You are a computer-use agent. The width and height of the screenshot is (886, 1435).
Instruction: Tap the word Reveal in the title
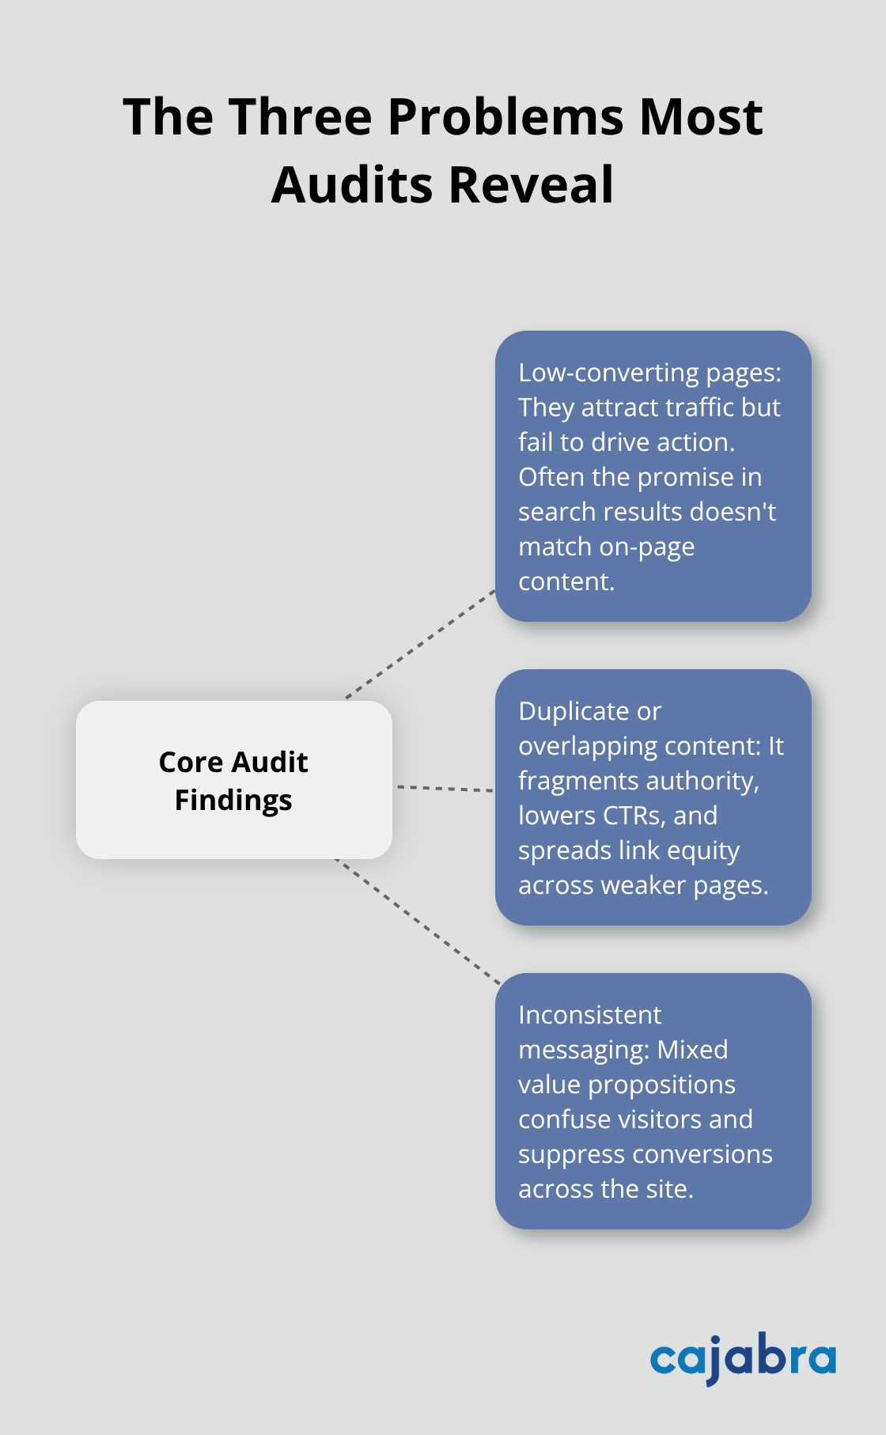531,185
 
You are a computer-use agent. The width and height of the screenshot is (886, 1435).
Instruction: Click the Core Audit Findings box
233,780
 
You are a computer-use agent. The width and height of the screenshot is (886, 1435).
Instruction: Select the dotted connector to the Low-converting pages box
421,644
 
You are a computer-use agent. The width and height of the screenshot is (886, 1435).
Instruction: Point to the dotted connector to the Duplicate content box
445,788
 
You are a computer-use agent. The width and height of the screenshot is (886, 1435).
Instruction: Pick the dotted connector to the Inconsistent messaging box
418,921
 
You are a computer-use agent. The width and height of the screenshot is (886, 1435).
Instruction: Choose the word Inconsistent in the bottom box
589,1015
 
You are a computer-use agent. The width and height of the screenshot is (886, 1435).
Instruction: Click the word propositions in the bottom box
672,1085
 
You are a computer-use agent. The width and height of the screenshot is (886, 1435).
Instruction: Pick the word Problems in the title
506,117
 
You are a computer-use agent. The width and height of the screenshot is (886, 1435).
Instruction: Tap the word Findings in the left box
233,801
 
